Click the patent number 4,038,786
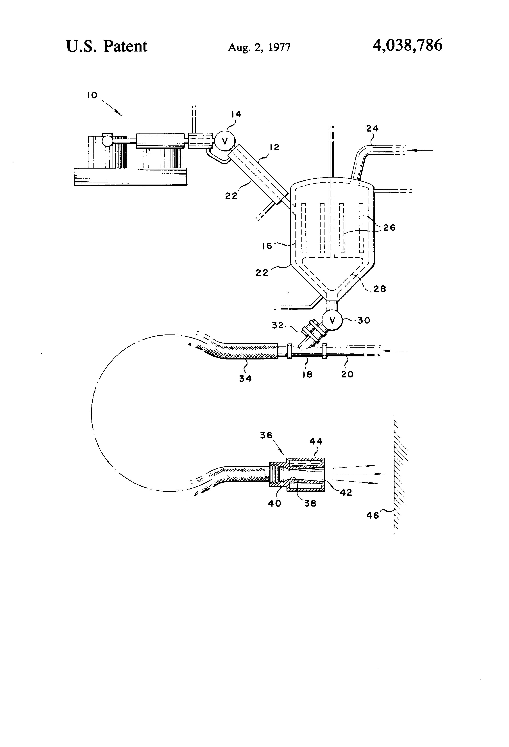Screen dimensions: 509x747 tap(407, 45)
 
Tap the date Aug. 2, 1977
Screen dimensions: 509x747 tap(259, 48)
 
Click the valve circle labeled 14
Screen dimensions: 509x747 tap(225, 141)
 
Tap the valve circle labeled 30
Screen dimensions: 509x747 tap(332, 320)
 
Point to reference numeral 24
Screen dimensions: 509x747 tap(372, 128)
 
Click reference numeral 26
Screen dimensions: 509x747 tap(389, 228)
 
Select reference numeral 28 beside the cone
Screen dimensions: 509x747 tap(380, 289)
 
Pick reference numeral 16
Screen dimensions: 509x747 tap(267, 246)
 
